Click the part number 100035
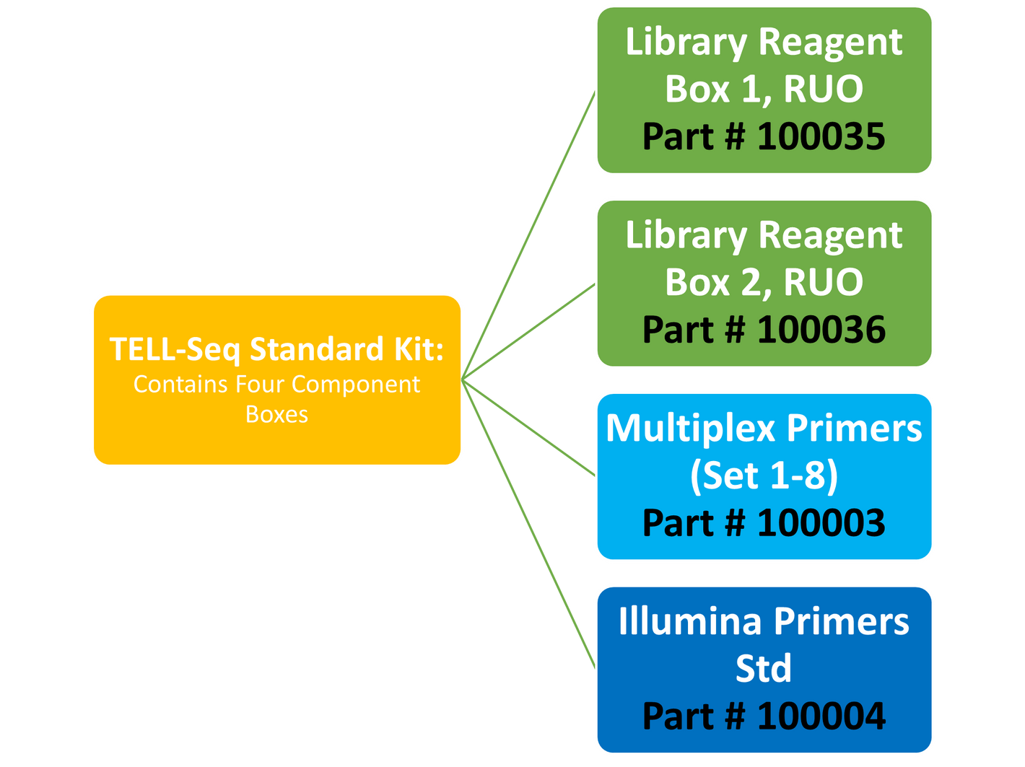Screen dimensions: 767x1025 pos(821,136)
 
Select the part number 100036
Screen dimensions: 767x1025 pos(821,330)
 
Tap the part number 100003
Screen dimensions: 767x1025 pos(821,523)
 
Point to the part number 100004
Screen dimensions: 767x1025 pos(821,716)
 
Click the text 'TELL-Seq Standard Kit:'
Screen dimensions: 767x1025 pos(276,350)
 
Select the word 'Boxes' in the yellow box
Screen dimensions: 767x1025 pos(276,415)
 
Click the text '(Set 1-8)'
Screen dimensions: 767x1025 pos(764,475)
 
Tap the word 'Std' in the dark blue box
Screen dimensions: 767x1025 pos(764,669)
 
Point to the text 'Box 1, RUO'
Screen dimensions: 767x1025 pos(764,89)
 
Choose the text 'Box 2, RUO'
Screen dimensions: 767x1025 pos(764,282)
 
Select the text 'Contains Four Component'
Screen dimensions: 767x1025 pos(276,385)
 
